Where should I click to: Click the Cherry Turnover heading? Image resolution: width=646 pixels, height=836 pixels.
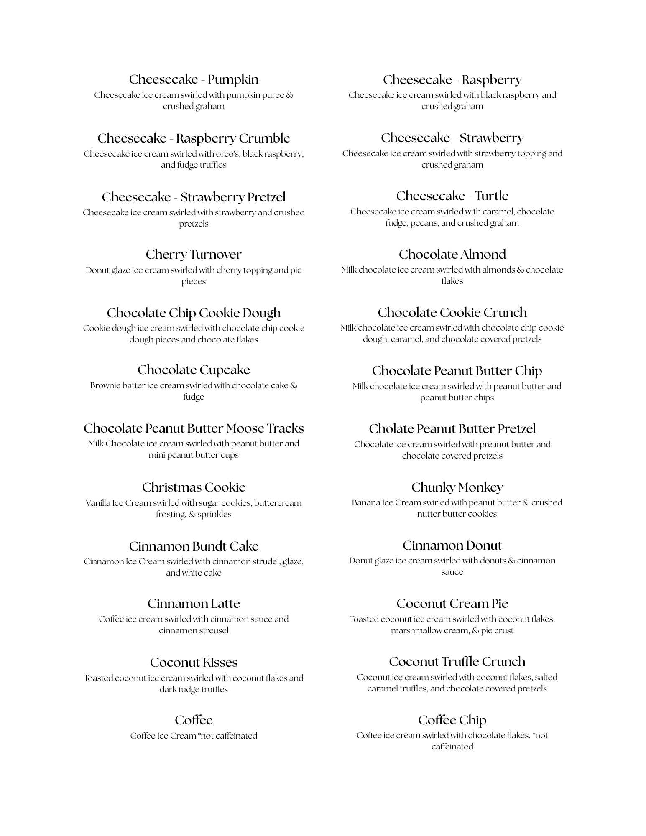coord(194,255)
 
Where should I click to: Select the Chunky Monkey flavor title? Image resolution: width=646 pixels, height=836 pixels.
coord(457,487)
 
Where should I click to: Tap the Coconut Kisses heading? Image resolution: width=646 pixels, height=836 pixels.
coord(194,663)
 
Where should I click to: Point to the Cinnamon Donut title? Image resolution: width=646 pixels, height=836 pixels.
coord(452,545)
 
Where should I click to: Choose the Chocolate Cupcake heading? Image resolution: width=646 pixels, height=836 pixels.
coord(194,370)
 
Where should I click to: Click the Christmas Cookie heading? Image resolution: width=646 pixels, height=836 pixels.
coord(194,487)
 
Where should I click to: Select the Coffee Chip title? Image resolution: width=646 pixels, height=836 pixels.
coord(452,720)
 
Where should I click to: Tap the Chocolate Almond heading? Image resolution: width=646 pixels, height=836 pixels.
coord(452,255)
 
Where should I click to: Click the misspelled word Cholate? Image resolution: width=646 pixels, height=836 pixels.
coord(391,429)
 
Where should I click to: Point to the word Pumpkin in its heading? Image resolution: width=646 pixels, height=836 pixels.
coord(233,79)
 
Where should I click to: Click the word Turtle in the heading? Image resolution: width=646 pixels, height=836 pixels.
coord(491,196)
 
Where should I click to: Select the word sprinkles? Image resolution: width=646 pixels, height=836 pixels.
coord(214,515)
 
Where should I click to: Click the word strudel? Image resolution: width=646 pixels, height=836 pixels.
coord(265,561)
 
